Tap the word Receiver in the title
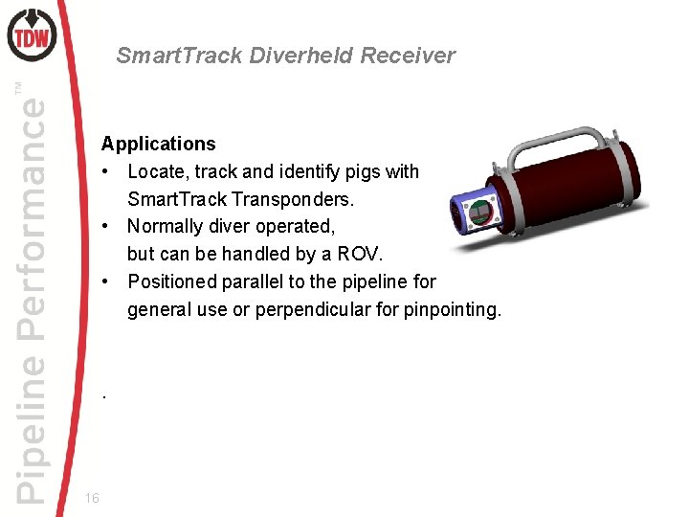tap(409, 56)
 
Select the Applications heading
tap(159, 144)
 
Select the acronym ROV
tap(360, 254)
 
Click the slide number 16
tap(92, 498)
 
